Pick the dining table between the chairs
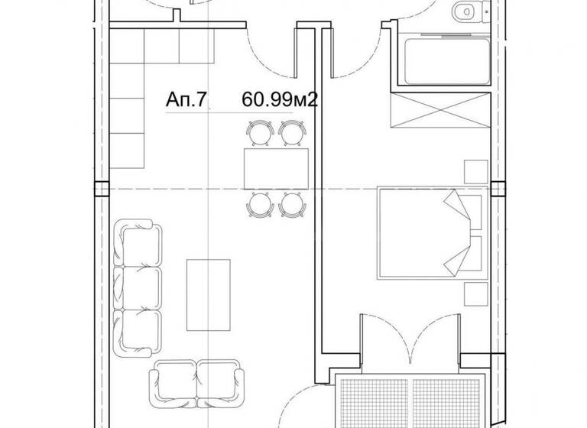pyautogui.click(x=275, y=168)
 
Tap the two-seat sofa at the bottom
pyautogui.click(x=197, y=379)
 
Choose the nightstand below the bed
pyautogui.click(x=475, y=290)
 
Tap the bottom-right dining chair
pyautogui.click(x=292, y=204)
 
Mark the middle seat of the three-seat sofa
pyautogui.click(x=139, y=287)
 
